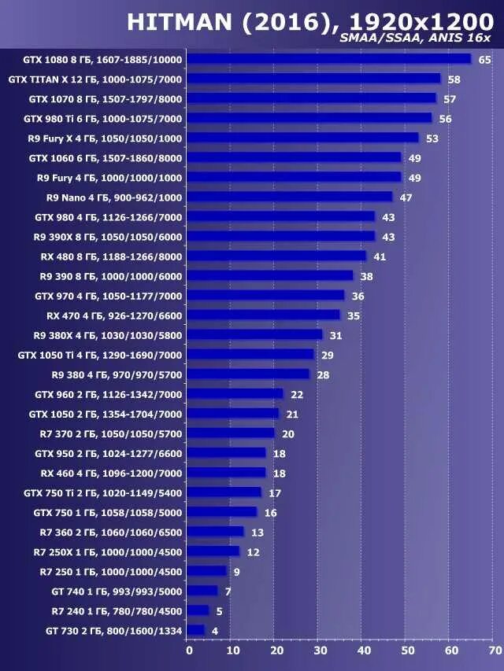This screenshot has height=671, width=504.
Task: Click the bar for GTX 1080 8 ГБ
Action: pyautogui.click(x=329, y=59)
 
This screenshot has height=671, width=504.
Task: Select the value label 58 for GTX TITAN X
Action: pyautogui.click(x=454, y=79)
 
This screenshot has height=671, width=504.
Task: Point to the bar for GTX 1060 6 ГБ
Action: pyautogui.click(x=295, y=158)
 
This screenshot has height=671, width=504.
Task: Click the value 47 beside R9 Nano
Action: pyautogui.click(x=406, y=197)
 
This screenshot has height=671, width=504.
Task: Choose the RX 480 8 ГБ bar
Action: pyautogui.click(x=277, y=256)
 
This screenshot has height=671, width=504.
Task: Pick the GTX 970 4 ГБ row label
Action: pyautogui.click(x=108, y=296)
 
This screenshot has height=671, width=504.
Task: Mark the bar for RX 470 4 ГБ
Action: pyautogui.click(x=264, y=315)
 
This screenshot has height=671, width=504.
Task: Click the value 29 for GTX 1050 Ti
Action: pyautogui.click(x=327, y=356)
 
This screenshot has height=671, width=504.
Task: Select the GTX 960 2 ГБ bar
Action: pyautogui.click(x=235, y=394)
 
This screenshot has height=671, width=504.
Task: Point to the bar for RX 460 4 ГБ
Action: pyautogui.click(x=227, y=473)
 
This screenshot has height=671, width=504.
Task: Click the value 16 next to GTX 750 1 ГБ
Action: pyautogui.click(x=270, y=513)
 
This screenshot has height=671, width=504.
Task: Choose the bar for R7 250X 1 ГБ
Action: pyautogui.click(x=213, y=551)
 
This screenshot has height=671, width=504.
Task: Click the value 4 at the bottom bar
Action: pyautogui.click(x=215, y=631)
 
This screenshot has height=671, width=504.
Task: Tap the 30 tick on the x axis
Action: pyautogui.click(x=320, y=651)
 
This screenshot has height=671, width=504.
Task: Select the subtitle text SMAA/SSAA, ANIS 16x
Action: pyautogui.click(x=415, y=39)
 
